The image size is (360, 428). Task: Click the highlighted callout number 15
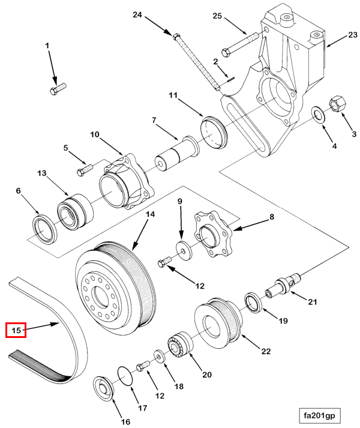pyautogui.click(x=16, y=330)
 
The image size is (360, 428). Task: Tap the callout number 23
pyautogui.click(x=350, y=37)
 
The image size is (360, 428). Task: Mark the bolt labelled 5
pyautogui.click(x=83, y=170)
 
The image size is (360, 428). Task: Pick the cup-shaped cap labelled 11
pyautogui.click(x=214, y=133)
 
